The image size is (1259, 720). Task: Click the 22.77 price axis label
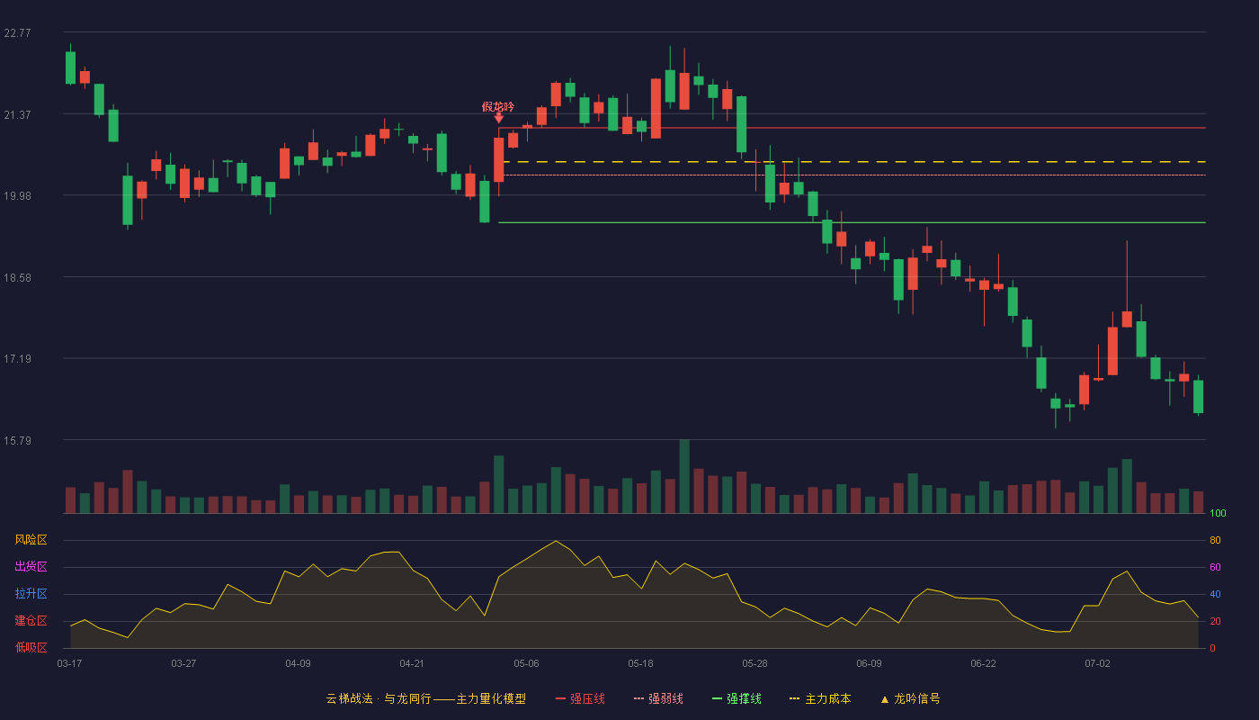click(x=17, y=33)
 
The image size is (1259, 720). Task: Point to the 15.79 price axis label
click(x=17, y=440)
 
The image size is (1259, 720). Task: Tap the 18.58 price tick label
click(x=17, y=278)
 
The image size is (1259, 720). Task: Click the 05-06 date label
click(x=526, y=664)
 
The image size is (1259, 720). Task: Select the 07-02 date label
click(x=1097, y=664)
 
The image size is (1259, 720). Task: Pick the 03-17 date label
click(x=70, y=664)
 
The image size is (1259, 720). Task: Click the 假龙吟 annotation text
click(x=498, y=107)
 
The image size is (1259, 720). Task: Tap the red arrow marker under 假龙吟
click(x=498, y=119)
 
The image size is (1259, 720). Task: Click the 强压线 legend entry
click(x=580, y=699)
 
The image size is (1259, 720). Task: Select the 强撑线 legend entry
click(x=737, y=699)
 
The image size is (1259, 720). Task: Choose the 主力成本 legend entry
click(x=820, y=699)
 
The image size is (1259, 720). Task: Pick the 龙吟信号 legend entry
click(x=910, y=699)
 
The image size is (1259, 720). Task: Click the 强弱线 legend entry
click(x=658, y=699)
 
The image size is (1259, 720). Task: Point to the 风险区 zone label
click(x=31, y=540)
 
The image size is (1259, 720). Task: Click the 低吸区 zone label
click(x=31, y=648)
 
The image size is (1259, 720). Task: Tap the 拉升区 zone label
click(x=31, y=594)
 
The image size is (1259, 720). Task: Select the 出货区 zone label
click(x=31, y=567)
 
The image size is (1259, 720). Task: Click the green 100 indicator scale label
click(x=1218, y=513)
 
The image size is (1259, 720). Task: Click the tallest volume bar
click(x=684, y=476)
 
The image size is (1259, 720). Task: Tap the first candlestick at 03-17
click(x=70, y=67)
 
